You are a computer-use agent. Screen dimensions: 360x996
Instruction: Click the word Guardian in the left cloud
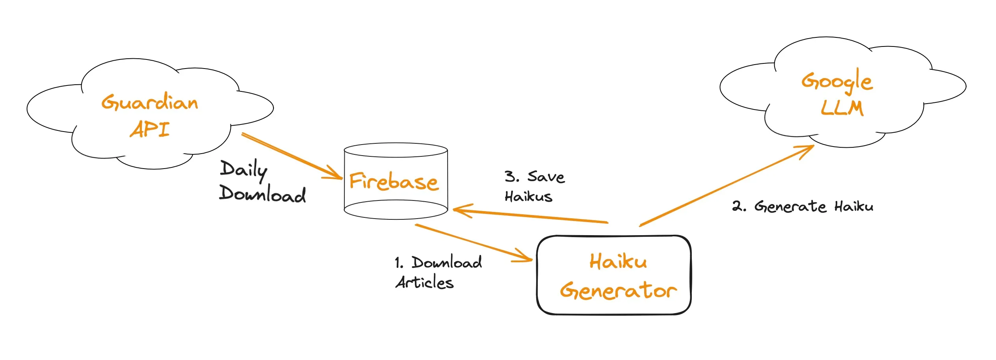coord(150,102)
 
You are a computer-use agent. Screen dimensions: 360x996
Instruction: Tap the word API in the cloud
coord(150,129)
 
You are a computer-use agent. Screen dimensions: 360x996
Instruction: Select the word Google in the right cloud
coord(837,81)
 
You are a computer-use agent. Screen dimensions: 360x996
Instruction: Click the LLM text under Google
coord(842,108)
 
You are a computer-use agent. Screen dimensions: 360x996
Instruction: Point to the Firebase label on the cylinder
coord(394,182)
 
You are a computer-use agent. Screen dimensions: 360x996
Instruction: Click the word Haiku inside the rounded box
coord(618,262)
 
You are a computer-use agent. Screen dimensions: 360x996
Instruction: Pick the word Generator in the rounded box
coord(618,291)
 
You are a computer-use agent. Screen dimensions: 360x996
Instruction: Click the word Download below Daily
coord(262,194)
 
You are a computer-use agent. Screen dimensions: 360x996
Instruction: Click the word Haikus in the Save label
coord(528,196)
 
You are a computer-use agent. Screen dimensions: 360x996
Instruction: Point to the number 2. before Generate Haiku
coord(739,206)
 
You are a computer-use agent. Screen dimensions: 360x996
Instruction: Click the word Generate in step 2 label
coord(790,206)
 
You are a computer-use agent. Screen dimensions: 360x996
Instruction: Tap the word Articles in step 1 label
coord(424,282)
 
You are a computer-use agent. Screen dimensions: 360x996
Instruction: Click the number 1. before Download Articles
coord(399,263)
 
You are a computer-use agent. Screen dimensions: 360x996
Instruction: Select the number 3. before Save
coord(512,176)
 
